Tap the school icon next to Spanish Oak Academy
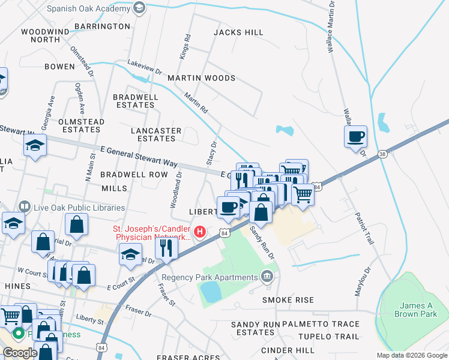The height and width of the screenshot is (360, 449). click(x=139, y=8)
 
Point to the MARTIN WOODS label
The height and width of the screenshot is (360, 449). click(x=201, y=78)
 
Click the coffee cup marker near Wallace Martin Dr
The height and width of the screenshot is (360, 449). click(x=356, y=136)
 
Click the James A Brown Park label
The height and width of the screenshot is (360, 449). click(x=415, y=310)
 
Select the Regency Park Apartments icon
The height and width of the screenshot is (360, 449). click(x=267, y=277)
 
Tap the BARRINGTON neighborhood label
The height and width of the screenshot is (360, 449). click(x=102, y=26)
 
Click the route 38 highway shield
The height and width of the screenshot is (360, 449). click(x=382, y=154)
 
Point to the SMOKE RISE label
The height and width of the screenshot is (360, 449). click(x=288, y=299)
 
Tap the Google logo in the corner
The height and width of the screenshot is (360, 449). click(x=20, y=353)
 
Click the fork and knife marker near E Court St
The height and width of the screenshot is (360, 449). click(x=166, y=247)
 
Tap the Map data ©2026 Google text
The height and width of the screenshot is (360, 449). click(x=411, y=355)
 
